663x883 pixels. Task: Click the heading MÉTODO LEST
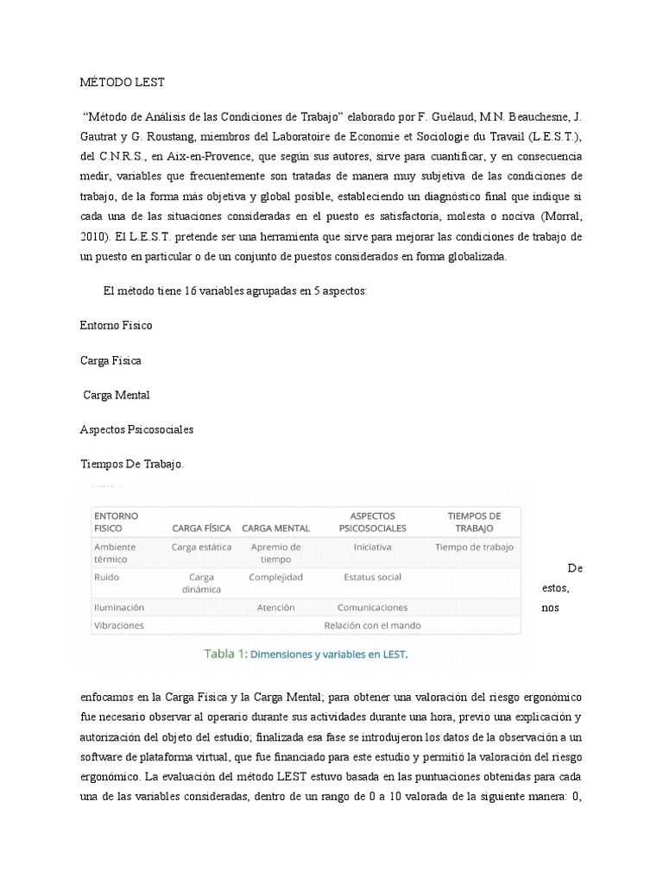click(121, 83)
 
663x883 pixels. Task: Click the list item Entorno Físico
click(116, 325)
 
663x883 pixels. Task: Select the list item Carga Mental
click(117, 394)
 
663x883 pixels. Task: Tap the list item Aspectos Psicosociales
click(136, 429)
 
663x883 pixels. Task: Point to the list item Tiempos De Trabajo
click(131, 464)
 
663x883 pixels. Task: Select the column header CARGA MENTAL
click(275, 528)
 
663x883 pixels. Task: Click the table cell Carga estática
click(201, 547)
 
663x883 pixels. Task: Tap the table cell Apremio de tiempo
click(275, 553)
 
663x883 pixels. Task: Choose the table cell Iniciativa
click(372, 547)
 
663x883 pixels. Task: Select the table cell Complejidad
click(275, 577)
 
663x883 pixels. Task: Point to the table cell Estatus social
click(372, 577)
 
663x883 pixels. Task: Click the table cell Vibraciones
click(119, 625)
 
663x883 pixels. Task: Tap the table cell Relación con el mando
click(372, 625)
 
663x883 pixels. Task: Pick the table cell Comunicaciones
click(372, 607)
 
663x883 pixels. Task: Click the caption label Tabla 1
click(224, 654)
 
